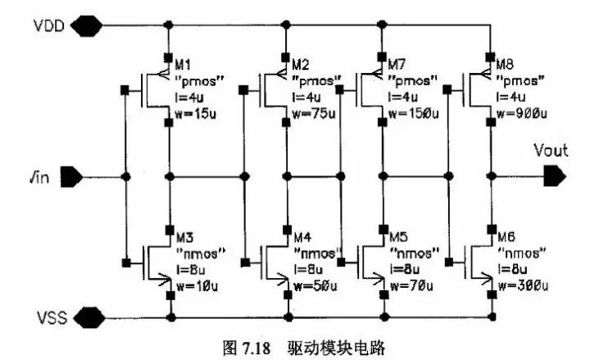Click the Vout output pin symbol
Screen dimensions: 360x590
click(x=553, y=175)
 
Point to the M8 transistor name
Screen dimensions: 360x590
click(x=506, y=64)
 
